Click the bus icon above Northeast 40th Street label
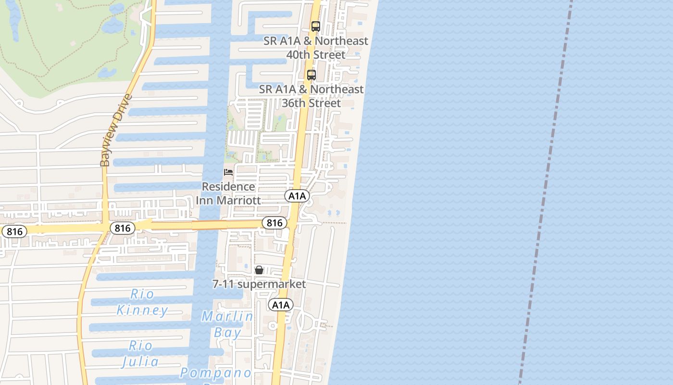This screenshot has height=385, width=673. pos(315,26)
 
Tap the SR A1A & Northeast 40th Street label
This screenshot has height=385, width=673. pos(315,48)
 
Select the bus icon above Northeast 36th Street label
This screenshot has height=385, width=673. pos(312,75)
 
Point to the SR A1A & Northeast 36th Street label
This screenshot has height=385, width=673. pos(311,96)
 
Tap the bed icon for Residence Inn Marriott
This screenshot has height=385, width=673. pos(228,172)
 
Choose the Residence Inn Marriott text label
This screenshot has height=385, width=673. pos(228,193)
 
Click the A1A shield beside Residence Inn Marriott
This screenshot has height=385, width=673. pos(297,196)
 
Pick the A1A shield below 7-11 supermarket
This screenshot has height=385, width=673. pos(280,305)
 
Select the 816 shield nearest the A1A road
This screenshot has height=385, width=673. pos(274,222)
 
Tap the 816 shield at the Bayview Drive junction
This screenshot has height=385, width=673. pos(122,228)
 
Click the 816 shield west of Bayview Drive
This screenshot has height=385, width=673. pos(14,231)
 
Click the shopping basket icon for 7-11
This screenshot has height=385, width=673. pos(259,270)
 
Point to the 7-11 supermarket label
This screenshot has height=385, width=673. pos(259,284)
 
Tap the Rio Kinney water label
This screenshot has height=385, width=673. pos(142,302)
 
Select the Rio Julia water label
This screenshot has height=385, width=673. pos(140,353)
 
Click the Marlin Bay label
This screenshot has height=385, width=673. pos(227,324)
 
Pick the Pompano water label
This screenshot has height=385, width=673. pos(216,373)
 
